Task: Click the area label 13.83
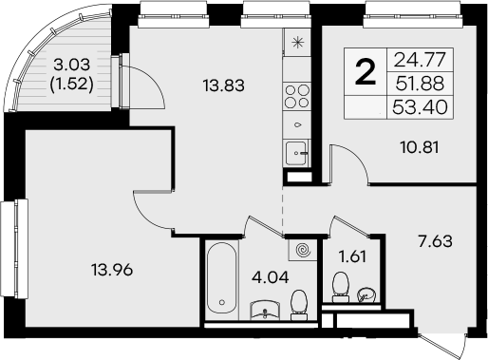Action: point(221,85)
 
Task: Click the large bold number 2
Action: point(363,72)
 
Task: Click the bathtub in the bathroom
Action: point(220,280)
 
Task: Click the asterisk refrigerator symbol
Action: point(298,43)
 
